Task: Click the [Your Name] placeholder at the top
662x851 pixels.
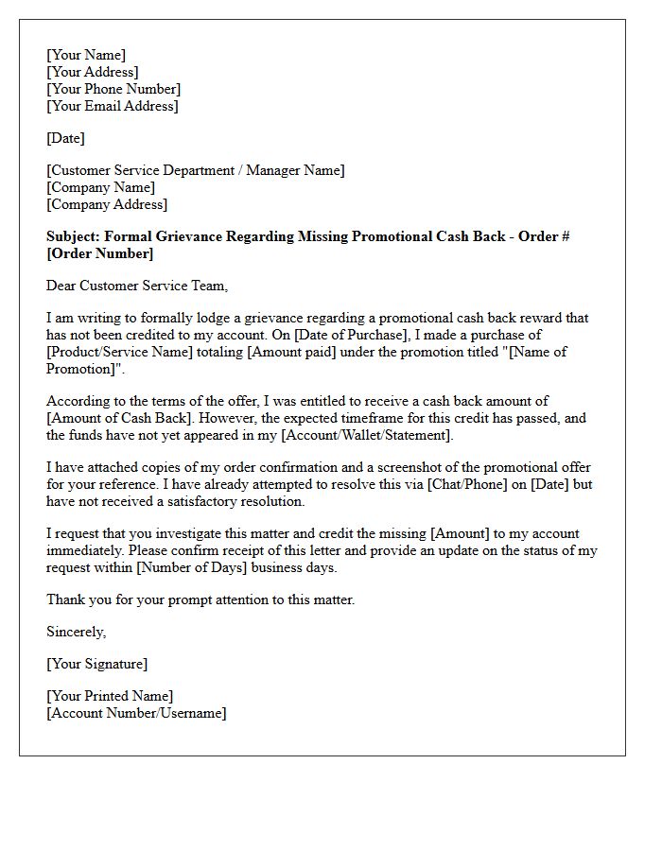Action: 86,55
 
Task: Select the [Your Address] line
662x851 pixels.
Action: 93,72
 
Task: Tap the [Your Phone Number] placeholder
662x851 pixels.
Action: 113,89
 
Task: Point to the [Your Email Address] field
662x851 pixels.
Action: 112,106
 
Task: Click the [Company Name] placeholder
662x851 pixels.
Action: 100,187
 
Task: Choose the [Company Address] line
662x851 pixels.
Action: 107,204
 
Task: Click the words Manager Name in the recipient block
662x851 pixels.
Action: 294,170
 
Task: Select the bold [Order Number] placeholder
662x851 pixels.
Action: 99,253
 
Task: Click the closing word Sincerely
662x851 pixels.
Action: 76,632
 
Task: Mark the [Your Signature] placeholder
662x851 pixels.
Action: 97,664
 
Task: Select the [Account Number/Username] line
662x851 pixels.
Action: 136,713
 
